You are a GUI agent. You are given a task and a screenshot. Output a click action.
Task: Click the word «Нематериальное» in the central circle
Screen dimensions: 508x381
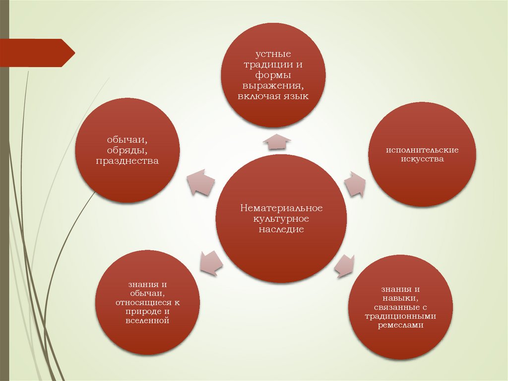pyautogui.click(x=281, y=208)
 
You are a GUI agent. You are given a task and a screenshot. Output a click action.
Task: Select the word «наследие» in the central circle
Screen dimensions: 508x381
pyautogui.click(x=281, y=230)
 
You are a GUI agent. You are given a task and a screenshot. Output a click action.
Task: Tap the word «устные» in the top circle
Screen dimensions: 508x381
pyautogui.click(x=273, y=53)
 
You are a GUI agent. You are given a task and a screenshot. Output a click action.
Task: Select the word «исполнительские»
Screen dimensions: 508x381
pyautogui.click(x=422, y=149)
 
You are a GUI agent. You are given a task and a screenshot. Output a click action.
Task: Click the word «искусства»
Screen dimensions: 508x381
pyautogui.click(x=422, y=159)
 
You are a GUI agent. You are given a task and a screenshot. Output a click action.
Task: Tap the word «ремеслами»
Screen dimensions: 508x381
pyautogui.click(x=400, y=325)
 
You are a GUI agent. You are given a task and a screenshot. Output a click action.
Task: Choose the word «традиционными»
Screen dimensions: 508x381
pyautogui.click(x=400, y=316)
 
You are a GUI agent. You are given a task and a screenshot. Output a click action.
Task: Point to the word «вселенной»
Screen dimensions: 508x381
pyautogui.click(x=147, y=321)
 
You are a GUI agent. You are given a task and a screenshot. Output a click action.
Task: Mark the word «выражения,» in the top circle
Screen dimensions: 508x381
pyautogui.click(x=273, y=85)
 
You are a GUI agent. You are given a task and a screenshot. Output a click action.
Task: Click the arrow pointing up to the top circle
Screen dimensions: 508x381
pyautogui.click(x=276, y=141)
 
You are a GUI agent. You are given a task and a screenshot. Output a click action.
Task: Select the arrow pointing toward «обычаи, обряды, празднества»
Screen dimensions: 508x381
pyautogui.click(x=200, y=182)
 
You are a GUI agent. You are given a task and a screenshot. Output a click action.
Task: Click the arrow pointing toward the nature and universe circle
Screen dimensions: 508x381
pyautogui.click(x=210, y=262)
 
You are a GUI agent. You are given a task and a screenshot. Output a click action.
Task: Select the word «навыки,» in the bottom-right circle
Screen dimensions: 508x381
pyautogui.click(x=400, y=297)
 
